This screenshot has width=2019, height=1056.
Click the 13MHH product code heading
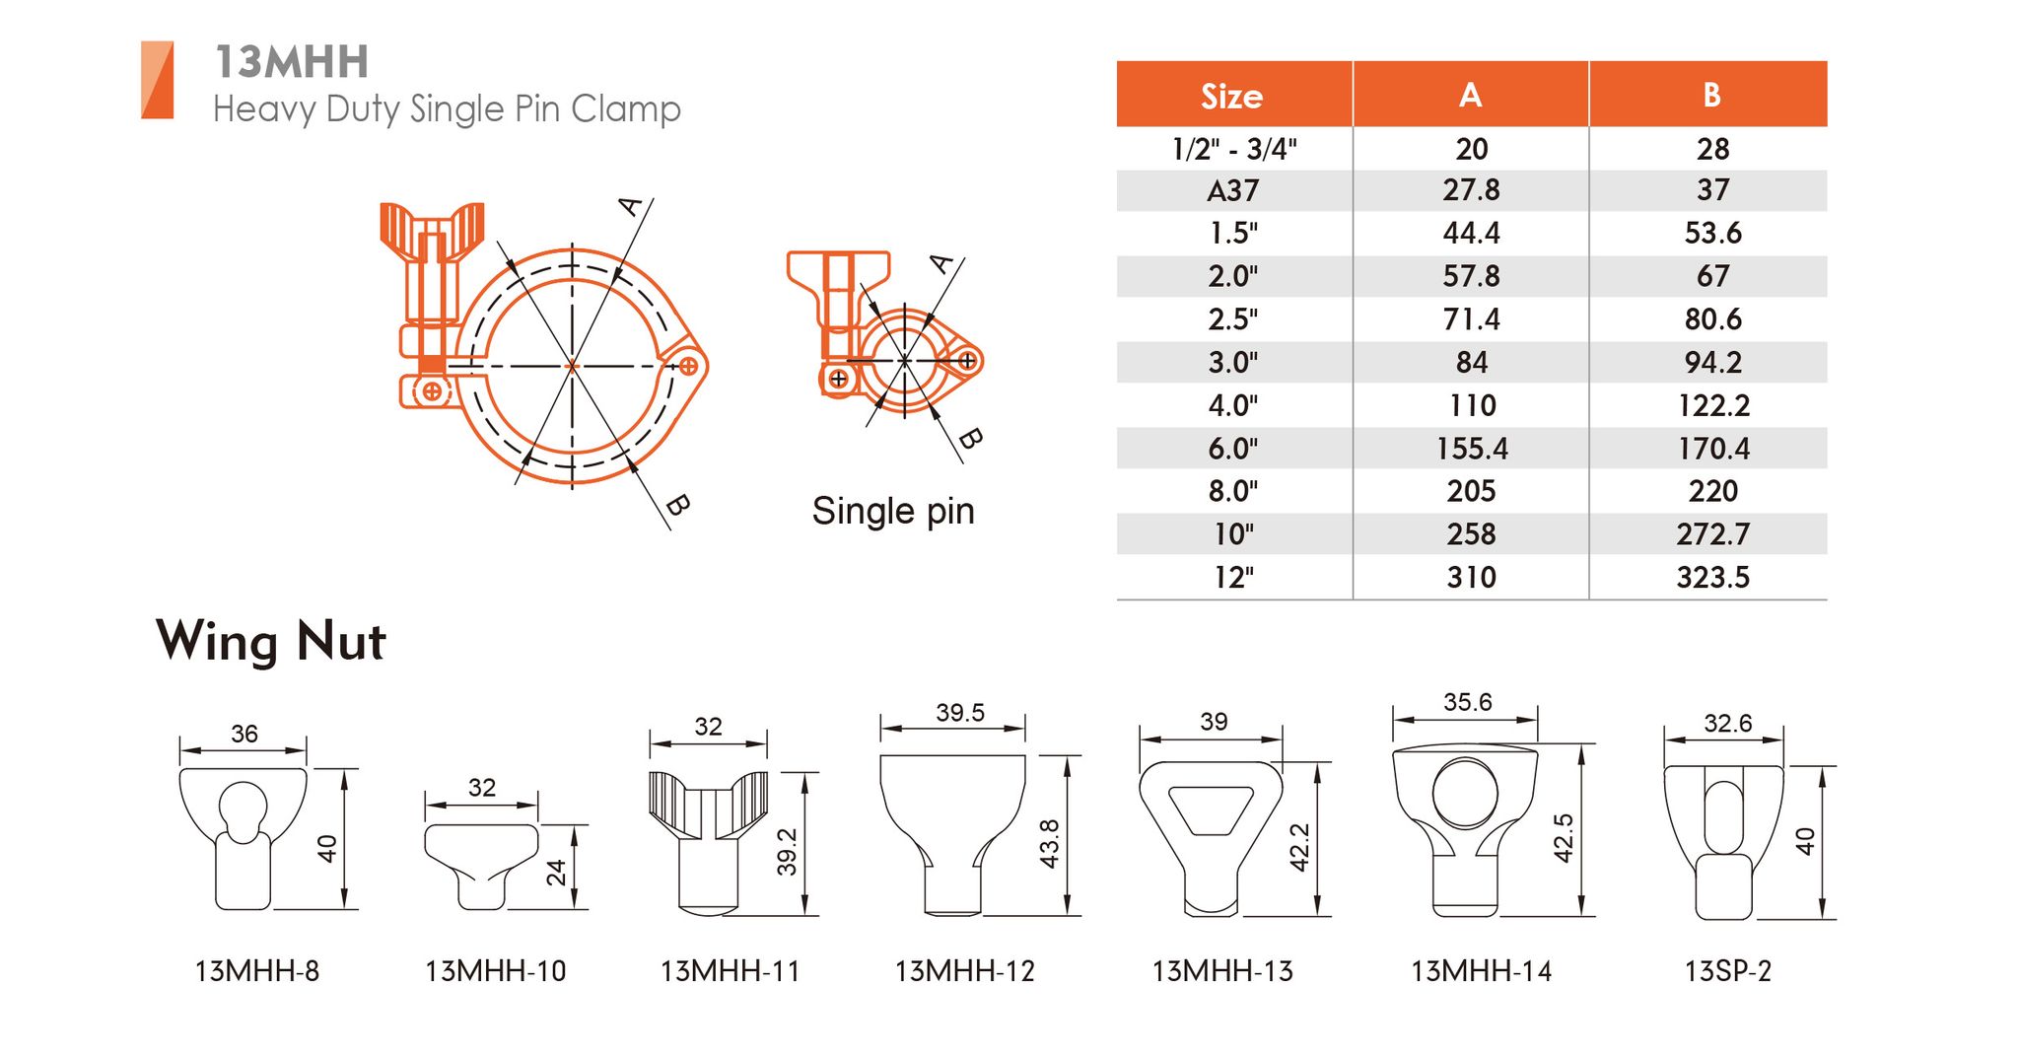point(292,61)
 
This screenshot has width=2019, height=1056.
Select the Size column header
point(1231,96)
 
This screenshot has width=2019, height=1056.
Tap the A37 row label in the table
point(1232,190)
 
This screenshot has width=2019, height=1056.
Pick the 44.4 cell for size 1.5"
point(1471,233)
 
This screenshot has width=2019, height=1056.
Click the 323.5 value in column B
point(1712,577)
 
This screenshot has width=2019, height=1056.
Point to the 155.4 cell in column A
point(1471,449)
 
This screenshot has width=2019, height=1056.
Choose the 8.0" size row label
point(1232,491)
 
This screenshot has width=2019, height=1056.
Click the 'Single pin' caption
point(893,512)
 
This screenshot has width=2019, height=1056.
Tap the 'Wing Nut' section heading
point(271,642)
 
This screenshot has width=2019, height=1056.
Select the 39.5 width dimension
point(960,712)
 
